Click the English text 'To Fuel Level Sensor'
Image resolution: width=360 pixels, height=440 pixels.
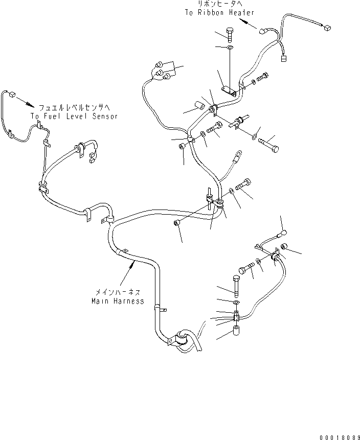(x=74, y=116)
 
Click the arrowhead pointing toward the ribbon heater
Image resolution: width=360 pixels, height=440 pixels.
(x=249, y=25)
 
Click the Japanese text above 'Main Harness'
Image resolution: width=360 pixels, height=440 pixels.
(x=117, y=292)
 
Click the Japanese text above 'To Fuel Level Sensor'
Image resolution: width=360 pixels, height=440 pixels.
(x=74, y=107)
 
